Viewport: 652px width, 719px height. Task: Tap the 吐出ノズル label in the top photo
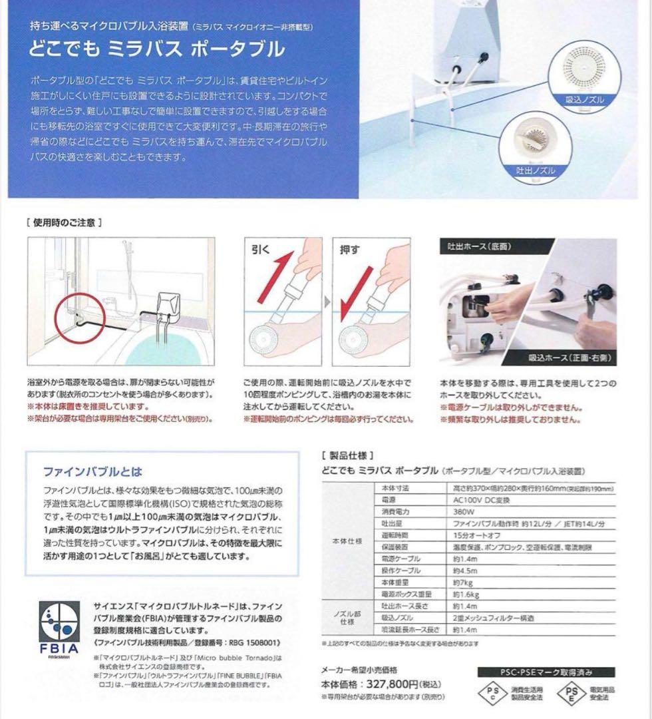tap(536, 171)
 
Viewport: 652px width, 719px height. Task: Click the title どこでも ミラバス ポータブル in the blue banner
tap(157, 49)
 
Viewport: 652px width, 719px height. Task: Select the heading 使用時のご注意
tap(64, 222)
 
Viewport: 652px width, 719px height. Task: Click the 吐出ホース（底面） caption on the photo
tap(476, 247)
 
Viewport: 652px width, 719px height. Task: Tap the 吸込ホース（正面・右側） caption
tap(570, 358)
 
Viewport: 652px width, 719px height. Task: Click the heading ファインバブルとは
tap(92, 472)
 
